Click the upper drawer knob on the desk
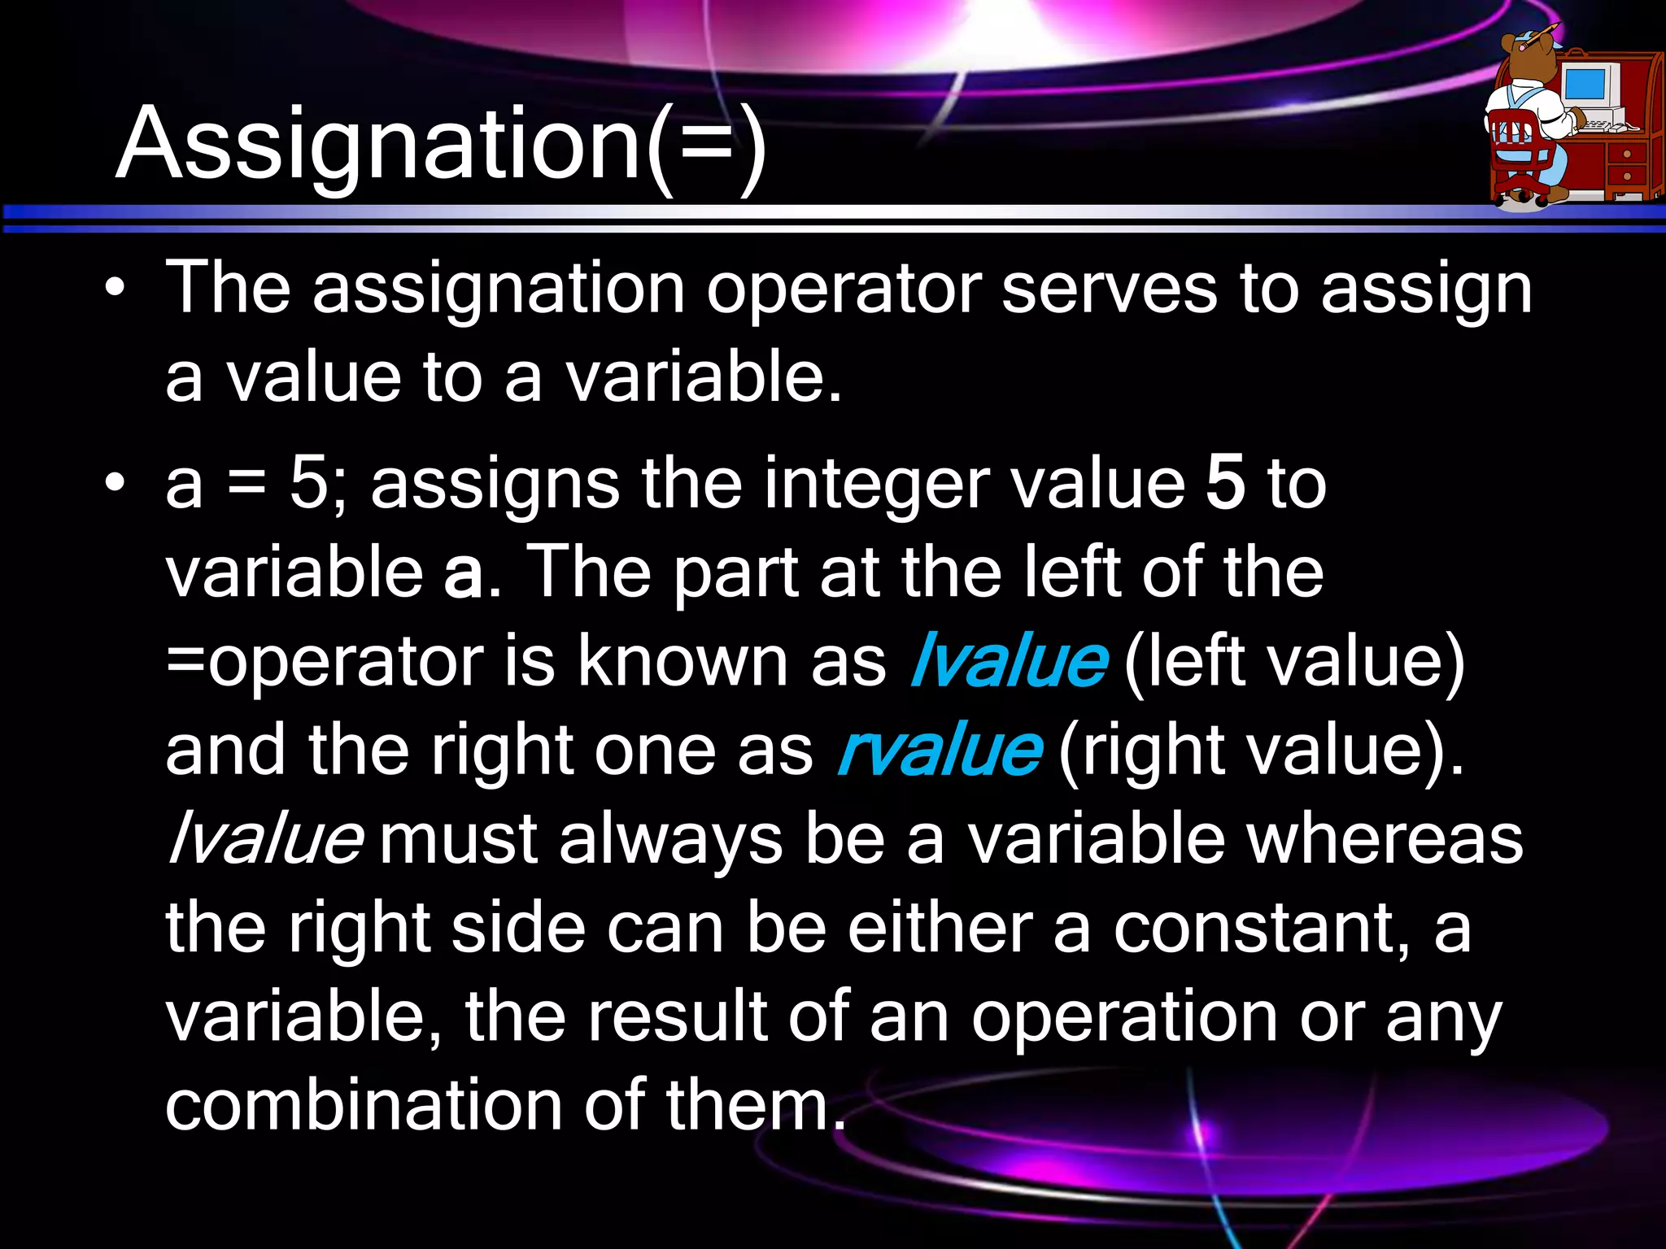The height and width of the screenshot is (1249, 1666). pyautogui.click(x=1627, y=154)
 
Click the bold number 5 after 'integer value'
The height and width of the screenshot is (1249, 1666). pyautogui.click(x=1225, y=483)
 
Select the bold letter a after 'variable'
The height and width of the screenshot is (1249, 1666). pyautogui.click(x=463, y=572)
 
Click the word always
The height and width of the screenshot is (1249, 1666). pyautogui.click(x=670, y=840)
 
